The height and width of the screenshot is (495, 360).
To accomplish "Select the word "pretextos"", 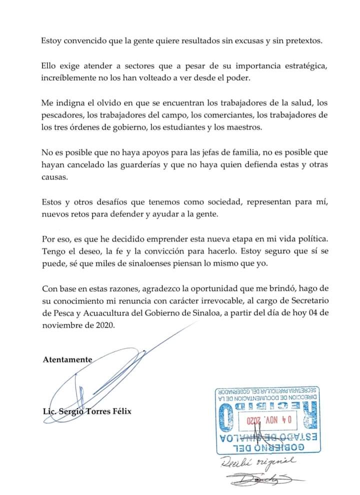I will click(x=299, y=40).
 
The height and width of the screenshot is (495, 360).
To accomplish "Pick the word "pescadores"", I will click(x=61, y=115).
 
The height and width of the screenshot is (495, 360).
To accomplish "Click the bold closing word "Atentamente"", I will click(x=67, y=359).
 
